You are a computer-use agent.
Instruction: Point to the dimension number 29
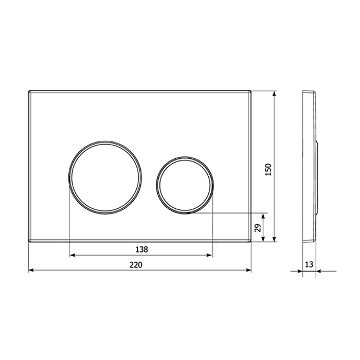tap(258, 227)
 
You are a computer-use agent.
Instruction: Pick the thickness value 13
tap(309, 264)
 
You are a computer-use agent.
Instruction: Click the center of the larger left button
tap(103, 176)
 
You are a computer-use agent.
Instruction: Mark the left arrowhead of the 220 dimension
tap(30, 269)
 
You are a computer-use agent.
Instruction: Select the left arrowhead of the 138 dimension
tap(72, 255)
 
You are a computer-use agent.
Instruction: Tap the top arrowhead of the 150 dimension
tap(275, 95)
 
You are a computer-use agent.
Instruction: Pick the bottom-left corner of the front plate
tap(28, 241)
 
